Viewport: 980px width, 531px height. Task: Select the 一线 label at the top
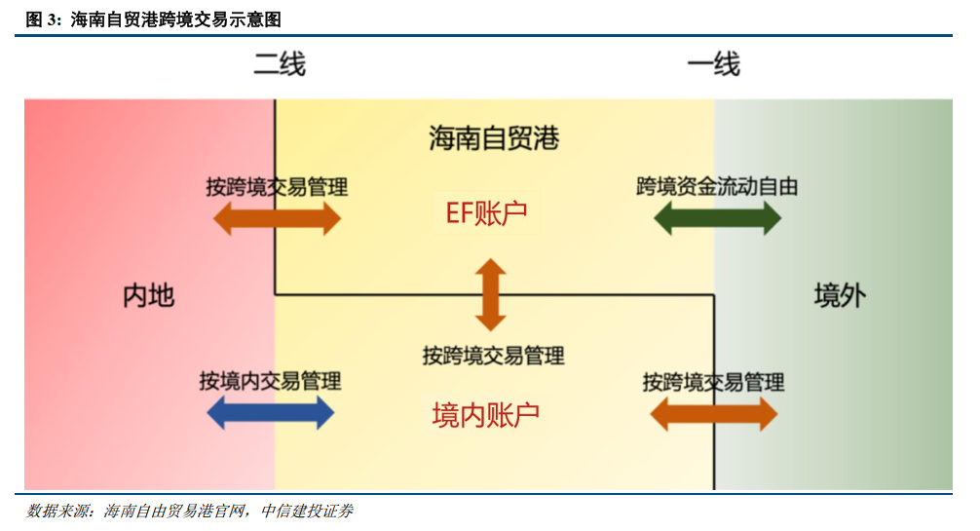tap(714, 64)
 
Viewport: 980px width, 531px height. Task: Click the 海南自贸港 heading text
tap(494, 138)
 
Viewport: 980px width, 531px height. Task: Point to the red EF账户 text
tap(487, 213)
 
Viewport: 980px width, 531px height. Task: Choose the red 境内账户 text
tap(485, 415)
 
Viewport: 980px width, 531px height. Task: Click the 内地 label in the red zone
tap(148, 295)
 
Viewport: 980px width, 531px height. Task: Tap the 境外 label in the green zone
tap(840, 295)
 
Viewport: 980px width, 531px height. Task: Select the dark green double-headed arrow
tap(717, 219)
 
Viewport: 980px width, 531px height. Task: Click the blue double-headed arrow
tap(271, 413)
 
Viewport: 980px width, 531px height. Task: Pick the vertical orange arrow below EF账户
tap(490, 294)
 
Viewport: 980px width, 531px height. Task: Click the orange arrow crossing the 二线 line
tap(277, 218)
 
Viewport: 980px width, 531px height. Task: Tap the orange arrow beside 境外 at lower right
tap(713, 414)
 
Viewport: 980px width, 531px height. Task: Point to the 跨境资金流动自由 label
tap(717, 186)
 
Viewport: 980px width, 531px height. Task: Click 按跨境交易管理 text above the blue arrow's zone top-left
tap(277, 186)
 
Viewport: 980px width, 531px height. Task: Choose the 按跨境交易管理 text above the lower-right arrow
tap(713, 381)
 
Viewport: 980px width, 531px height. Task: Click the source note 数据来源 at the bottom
tap(59, 512)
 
